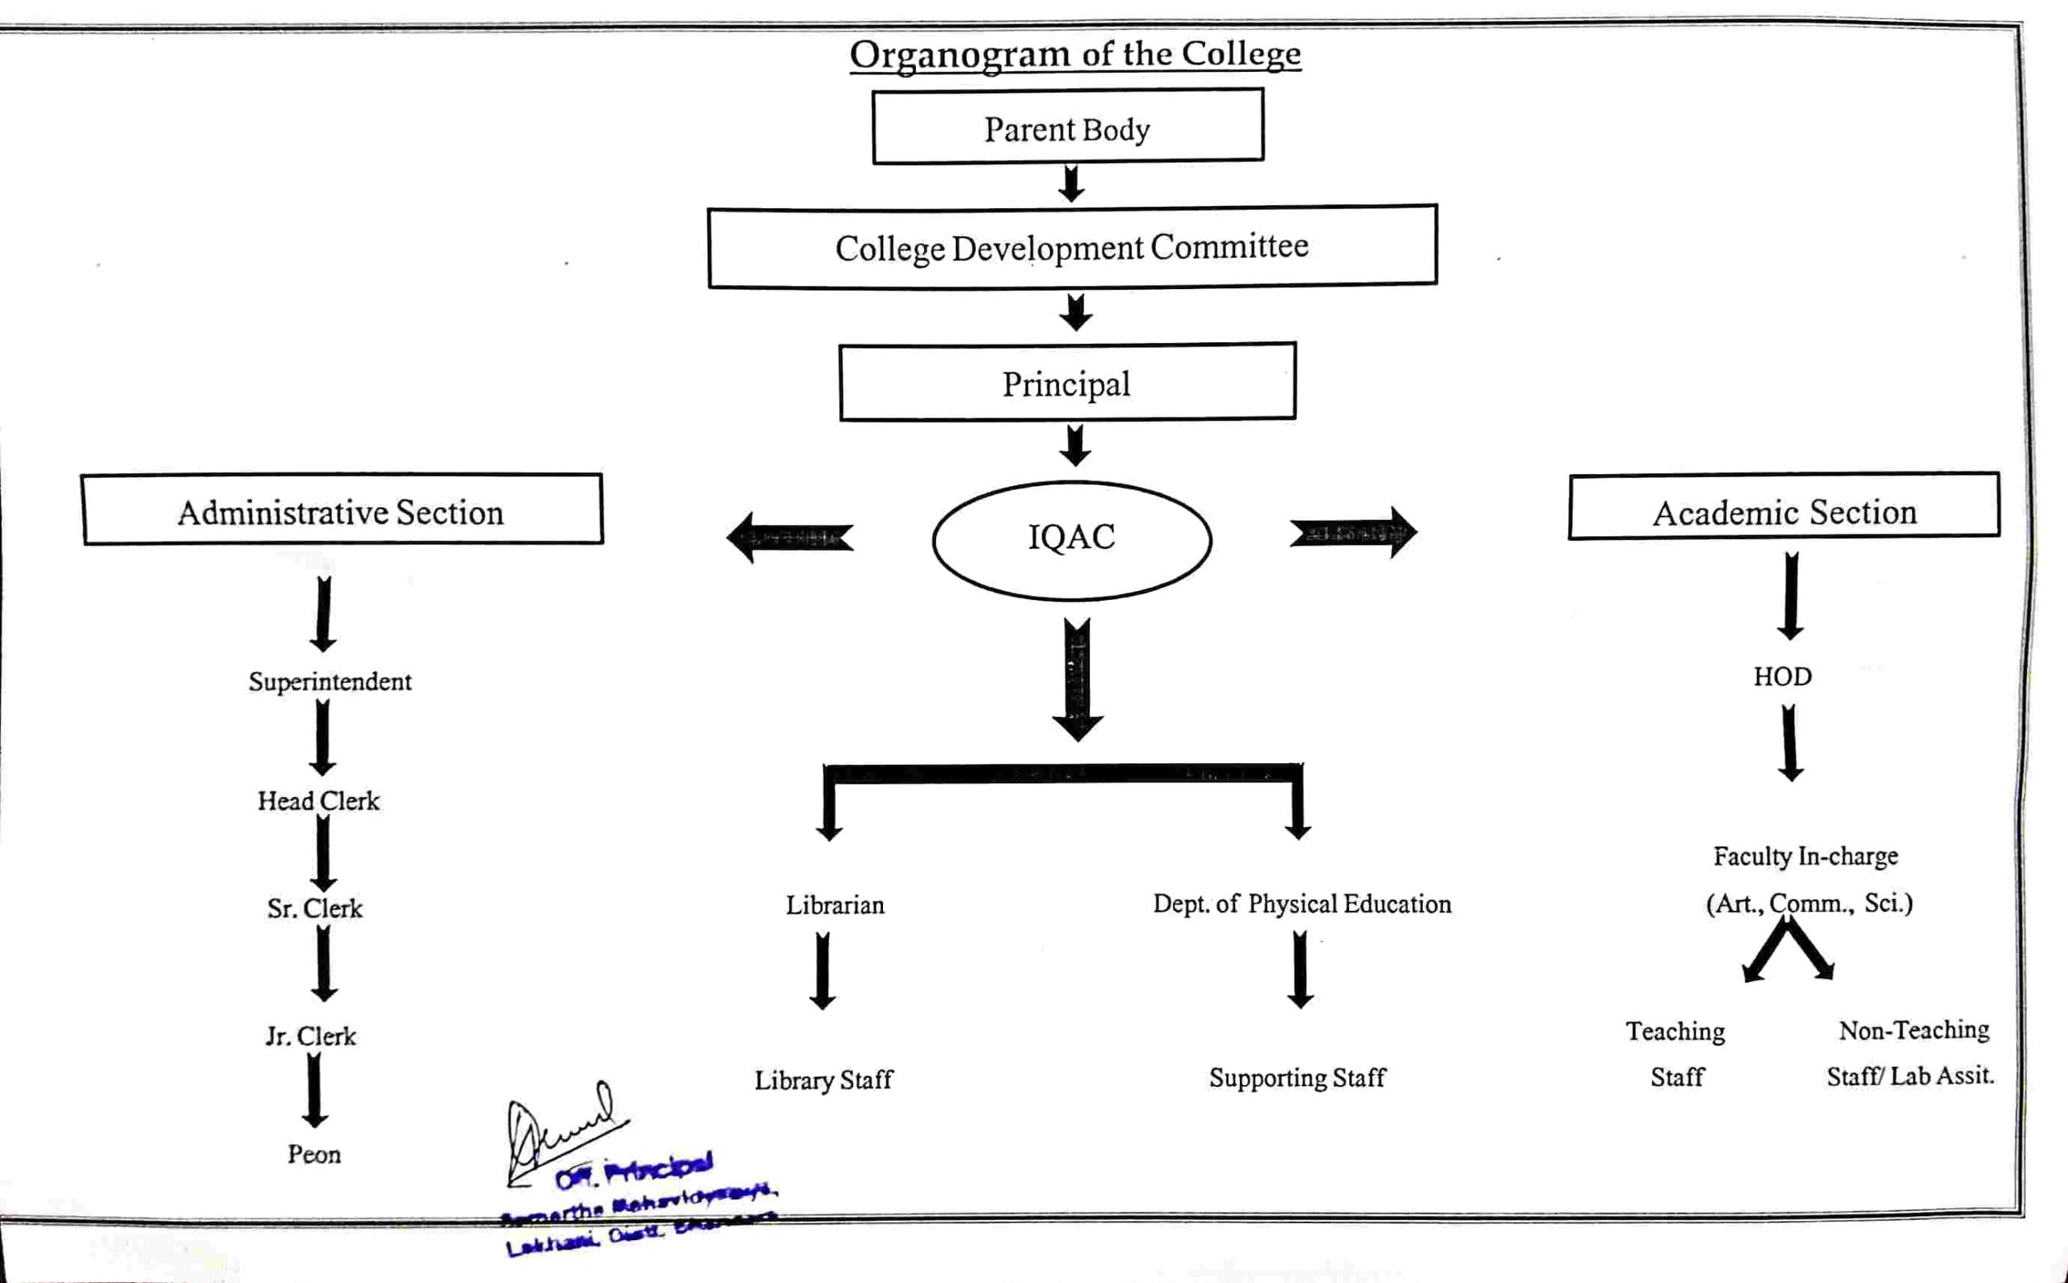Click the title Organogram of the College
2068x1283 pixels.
[x=1074, y=54]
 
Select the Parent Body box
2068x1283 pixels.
[x=1067, y=128]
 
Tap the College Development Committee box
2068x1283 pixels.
[x=1071, y=247]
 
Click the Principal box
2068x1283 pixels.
[x=1066, y=383]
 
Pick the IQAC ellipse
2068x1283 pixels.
[x=1071, y=539]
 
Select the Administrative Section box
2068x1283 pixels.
[x=341, y=510]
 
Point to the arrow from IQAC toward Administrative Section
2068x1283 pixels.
[x=790, y=537]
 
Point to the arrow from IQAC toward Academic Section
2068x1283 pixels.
[x=1352, y=533]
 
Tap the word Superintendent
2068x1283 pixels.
[x=330, y=681]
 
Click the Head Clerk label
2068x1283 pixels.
[x=318, y=801]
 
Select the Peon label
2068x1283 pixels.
[x=314, y=1154]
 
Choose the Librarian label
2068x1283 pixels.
[x=834, y=905]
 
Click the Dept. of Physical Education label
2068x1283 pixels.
[x=1301, y=904]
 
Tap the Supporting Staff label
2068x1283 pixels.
[x=1297, y=1078]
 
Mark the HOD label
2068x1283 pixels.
[x=1783, y=677]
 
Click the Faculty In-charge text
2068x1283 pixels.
[x=1805, y=856]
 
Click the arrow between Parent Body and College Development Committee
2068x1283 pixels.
[x=1071, y=183]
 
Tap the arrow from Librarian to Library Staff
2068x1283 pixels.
[x=822, y=971]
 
